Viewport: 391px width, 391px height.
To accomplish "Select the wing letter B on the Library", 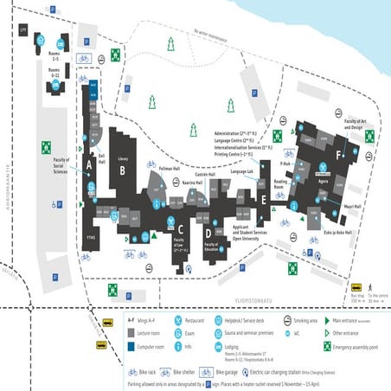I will tap(123, 170).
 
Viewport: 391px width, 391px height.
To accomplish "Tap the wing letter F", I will tap(339, 155).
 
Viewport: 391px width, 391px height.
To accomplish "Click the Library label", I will tap(123, 159).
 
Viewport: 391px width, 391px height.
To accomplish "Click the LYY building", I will tap(22, 29).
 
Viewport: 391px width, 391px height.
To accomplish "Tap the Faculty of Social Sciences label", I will tap(61, 165).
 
